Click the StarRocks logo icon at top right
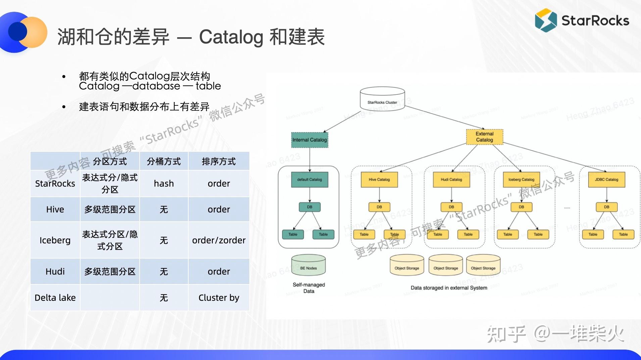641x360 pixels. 546,20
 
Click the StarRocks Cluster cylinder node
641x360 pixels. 382,98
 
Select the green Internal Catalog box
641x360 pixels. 309,140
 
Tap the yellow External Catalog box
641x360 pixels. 484,137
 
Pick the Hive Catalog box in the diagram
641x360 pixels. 379,180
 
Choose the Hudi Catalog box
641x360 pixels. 451,180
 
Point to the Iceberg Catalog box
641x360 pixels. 521,180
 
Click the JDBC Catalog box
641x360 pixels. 606,180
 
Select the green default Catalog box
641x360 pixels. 309,180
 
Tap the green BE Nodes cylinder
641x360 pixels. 308,265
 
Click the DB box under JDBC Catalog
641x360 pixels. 606,207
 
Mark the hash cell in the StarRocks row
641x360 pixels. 164,183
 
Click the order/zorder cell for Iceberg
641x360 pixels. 219,240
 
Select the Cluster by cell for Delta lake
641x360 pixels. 219,298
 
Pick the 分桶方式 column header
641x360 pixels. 164,161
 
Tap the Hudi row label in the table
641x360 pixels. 55,271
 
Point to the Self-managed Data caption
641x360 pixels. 309,288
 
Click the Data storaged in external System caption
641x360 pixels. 449,288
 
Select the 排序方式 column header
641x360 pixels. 219,161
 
